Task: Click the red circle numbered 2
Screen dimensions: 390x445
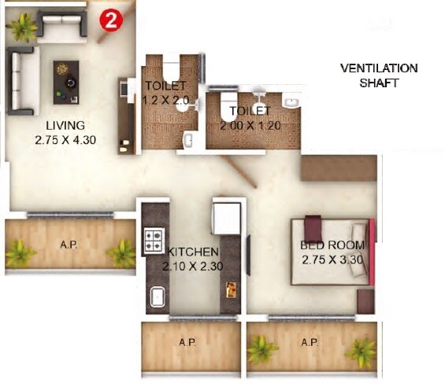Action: tap(110, 22)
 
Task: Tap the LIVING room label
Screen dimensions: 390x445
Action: tap(65, 126)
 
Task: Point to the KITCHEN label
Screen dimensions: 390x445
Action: tap(192, 252)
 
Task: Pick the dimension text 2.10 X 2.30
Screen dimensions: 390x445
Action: tap(192, 266)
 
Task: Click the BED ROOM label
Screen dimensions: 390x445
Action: tap(331, 245)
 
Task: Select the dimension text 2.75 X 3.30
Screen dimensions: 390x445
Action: tap(331, 259)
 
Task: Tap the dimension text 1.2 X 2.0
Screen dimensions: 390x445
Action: tap(165, 101)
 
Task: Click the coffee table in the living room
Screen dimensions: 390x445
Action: tap(66, 80)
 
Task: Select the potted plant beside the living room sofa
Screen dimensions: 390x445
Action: tap(22, 26)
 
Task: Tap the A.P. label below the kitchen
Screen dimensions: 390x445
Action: tap(187, 342)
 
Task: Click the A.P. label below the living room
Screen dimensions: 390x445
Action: tap(69, 245)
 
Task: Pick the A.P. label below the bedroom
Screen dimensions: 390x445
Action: tap(309, 342)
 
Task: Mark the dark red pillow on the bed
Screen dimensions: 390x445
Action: tap(315, 226)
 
